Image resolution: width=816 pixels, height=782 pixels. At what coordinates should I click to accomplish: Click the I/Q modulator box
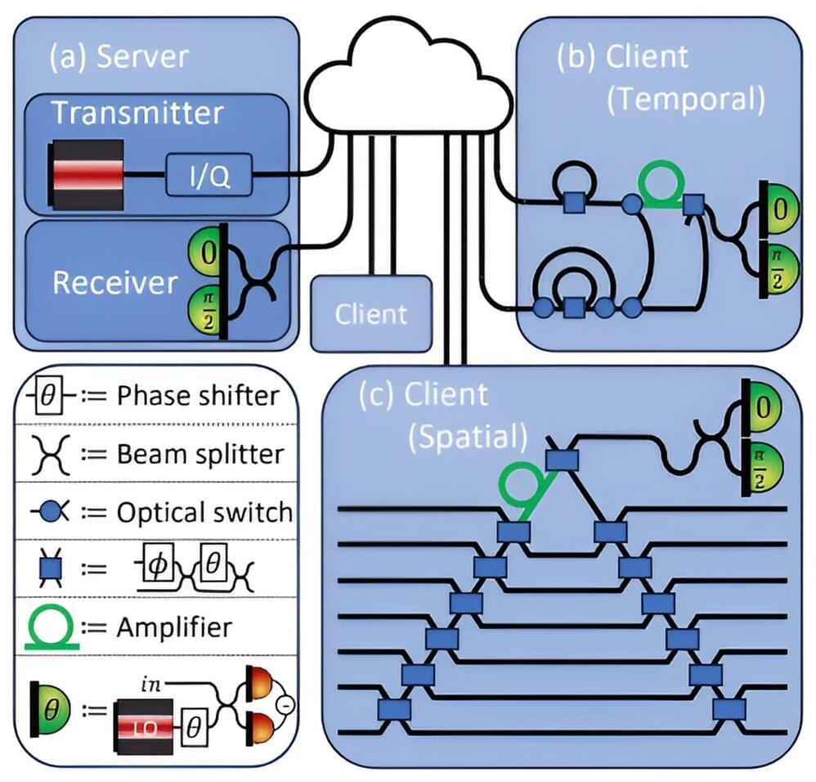(208, 175)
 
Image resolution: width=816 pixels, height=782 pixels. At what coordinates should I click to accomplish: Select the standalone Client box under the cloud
(371, 312)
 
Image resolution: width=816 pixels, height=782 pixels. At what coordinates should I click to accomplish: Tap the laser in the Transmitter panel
(87, 175)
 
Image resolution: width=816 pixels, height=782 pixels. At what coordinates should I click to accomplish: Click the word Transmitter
(137, 113)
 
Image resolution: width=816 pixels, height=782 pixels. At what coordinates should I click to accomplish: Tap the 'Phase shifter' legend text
(198, 396)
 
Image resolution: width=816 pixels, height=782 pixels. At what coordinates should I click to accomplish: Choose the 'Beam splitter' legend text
(200, 454)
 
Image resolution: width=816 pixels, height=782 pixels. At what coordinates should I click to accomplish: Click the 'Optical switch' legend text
(204, 512)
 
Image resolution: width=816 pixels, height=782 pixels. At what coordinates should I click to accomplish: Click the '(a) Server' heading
(119, 56)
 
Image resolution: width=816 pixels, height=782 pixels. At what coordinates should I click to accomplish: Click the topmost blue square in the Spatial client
(563, 460)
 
